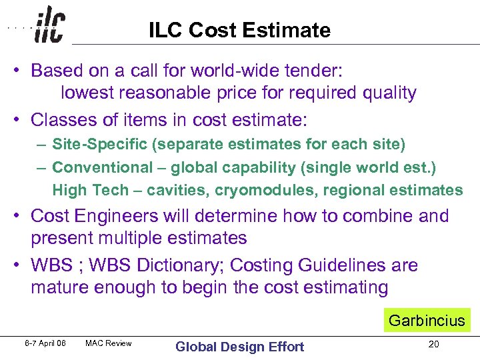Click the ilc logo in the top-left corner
pyautogui.click(x=49, y=25)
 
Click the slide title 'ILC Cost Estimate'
pyautogui.click(x=239, y=30)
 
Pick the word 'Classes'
pyautogui.click(x=64, y=120)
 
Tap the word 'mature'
pyautogui.click(x=60, y=288)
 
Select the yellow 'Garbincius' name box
pyautogui.click(x=427, y=320)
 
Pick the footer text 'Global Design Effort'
pyautogui.click(x=239, y=346)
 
